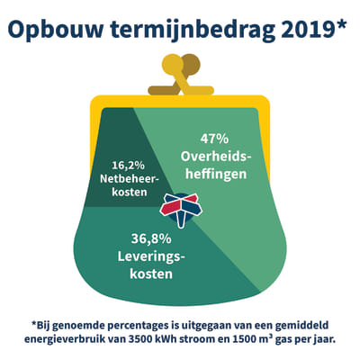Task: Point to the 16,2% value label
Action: coord(129,166)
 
